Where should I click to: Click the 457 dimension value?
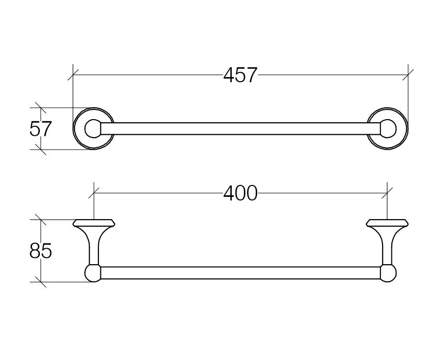point(240,75)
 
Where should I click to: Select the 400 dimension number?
point(240,193)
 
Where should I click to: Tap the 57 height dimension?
point(41,128)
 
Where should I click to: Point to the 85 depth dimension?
point(41,251)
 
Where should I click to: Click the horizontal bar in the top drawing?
point(241,128)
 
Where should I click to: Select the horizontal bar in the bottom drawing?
point(241,273)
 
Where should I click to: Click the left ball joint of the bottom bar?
point(93,273)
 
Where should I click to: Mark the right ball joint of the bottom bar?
point(388,273)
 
